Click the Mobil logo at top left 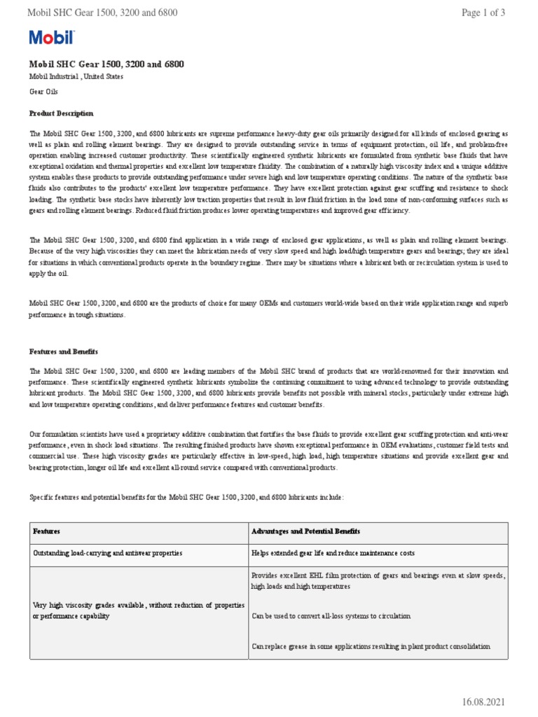pos(51,38)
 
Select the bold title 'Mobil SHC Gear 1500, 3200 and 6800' pos(106,64)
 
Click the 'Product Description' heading pos(61,113)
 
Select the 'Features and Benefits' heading pos(64,351)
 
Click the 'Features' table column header pos(47,532)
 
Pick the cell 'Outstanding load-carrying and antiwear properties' pos(108,553)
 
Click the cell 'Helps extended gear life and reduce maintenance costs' pos(333,553)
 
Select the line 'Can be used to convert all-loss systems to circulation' pos(331,616)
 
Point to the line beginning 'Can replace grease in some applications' pos(371,646)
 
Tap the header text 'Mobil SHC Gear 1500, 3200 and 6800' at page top pos(102,13)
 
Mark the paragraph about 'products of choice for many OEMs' pos(268,309)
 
